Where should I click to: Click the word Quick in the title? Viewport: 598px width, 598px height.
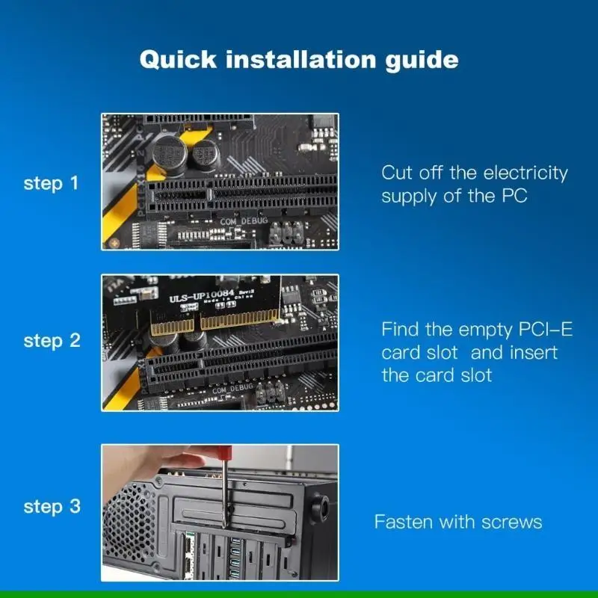pos(178,60)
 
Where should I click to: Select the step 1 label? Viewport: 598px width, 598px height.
pos(51,183)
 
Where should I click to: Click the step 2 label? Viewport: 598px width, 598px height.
pos(52,341)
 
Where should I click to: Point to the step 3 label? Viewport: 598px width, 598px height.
pos(52,507)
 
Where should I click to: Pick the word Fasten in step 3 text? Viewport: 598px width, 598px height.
pos(404,522)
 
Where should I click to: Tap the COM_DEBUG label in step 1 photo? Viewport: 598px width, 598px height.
pos(244,221)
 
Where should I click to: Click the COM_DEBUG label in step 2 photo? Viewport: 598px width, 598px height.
pos(233,389)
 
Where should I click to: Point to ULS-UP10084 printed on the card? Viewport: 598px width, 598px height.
pos(201,296)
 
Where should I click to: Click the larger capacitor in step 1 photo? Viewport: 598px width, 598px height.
pos(169,155)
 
